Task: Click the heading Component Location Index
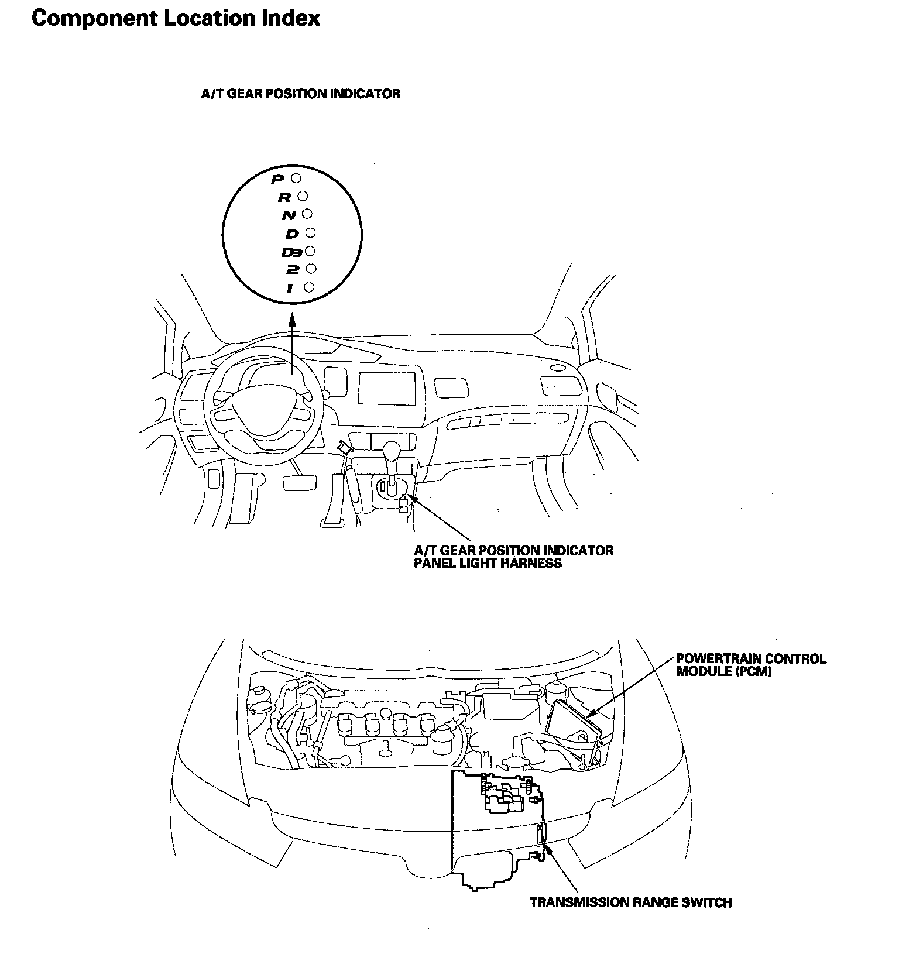(176, 18)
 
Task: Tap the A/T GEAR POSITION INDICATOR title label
(301, 94)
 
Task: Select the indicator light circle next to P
(296, 177)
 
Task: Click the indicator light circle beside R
(303, 195)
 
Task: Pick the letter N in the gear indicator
(289, 216)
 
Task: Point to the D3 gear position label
(291, 252)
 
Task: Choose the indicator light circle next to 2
(311, 268)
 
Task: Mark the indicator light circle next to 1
(310, 287)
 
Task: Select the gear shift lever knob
(391, 451)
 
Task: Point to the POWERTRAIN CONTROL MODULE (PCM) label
(751, 665)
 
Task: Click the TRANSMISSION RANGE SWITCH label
(630, 902)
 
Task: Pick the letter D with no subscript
(292, 234)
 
